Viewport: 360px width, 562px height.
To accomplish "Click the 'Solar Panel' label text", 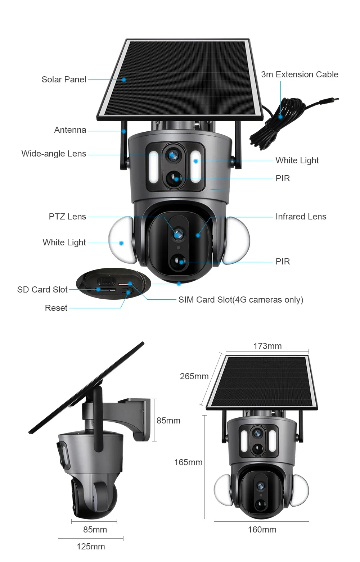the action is (x=64, y=79).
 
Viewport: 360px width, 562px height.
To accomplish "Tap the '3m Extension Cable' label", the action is (x=300, y=74).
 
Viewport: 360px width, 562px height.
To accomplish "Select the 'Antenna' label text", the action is (x=70, y=130).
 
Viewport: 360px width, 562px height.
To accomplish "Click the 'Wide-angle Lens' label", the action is (x=54, y=154).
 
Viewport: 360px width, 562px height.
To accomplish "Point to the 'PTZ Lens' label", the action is (x=67, y=217).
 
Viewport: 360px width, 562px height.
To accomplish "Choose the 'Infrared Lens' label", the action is (x=301, y=217).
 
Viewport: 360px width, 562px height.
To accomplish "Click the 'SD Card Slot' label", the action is (x=42, y=290).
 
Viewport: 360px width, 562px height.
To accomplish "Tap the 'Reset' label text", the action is (x=56, y=308).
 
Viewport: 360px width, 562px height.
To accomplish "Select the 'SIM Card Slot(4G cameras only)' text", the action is (x=241, y=300).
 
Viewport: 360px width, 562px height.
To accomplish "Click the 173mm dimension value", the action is (x=267, y=346).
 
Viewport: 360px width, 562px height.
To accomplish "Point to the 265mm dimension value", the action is (x=194, y=376).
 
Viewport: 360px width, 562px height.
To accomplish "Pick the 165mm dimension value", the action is (x=188, y=462).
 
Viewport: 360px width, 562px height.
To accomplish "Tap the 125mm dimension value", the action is (x=91, y=546).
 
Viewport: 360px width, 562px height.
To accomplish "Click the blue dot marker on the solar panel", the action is (x=124, y=80).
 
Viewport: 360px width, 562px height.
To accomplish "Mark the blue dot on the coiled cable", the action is (x=280, y=117).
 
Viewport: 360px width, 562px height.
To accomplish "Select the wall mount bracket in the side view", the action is (x=131, y=418).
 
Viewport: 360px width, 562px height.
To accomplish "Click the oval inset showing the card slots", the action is (x=113, y=284).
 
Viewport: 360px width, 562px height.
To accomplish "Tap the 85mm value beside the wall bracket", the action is (x=168, y=421).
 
